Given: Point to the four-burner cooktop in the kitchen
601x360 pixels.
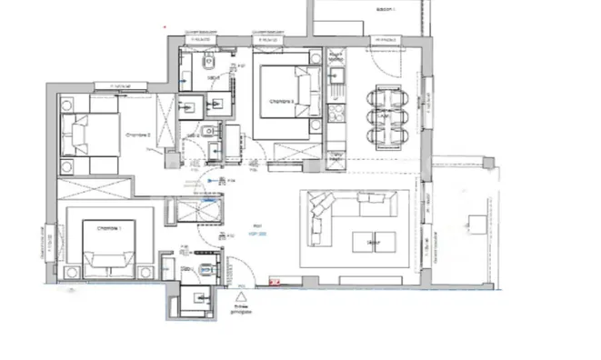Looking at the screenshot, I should coord(336,115).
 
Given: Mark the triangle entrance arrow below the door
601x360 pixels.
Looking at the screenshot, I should coord(242,296).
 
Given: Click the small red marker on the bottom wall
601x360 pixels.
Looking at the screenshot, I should coord(274,284).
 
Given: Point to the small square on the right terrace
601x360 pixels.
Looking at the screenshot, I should coord(475,221).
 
